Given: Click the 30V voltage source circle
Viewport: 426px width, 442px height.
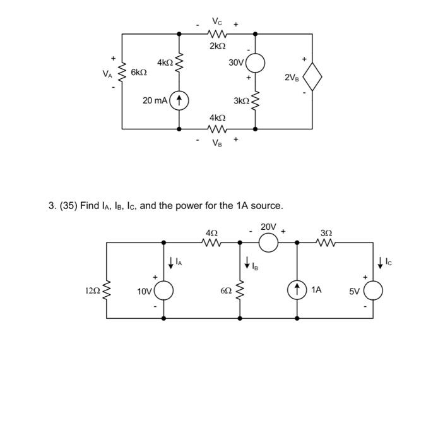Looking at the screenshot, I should click(x=256, y=63).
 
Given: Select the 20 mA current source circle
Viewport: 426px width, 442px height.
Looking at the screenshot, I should click(x=180, y=100).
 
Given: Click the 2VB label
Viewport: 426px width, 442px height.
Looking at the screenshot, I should click(x=292, y=78).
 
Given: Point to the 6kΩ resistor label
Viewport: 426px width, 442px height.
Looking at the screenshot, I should click(x=139, y=73).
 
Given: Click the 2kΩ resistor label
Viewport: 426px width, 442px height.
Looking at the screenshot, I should click(x=217, y=46).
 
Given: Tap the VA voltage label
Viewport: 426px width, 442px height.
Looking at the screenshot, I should click(x=107, y=73).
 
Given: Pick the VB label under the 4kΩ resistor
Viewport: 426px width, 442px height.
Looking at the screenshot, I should click(x=217, y=143).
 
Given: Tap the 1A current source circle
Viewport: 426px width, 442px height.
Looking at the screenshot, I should click(x=297, y=290).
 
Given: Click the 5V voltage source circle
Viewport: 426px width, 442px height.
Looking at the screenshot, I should click(x=372, y=290).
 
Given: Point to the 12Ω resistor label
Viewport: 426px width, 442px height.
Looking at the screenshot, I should click(x=93, y=291).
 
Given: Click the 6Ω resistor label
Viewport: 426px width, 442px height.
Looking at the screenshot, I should click(x=226, y=291).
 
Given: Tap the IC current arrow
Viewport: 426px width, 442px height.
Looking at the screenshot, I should click(x=380, y=261).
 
